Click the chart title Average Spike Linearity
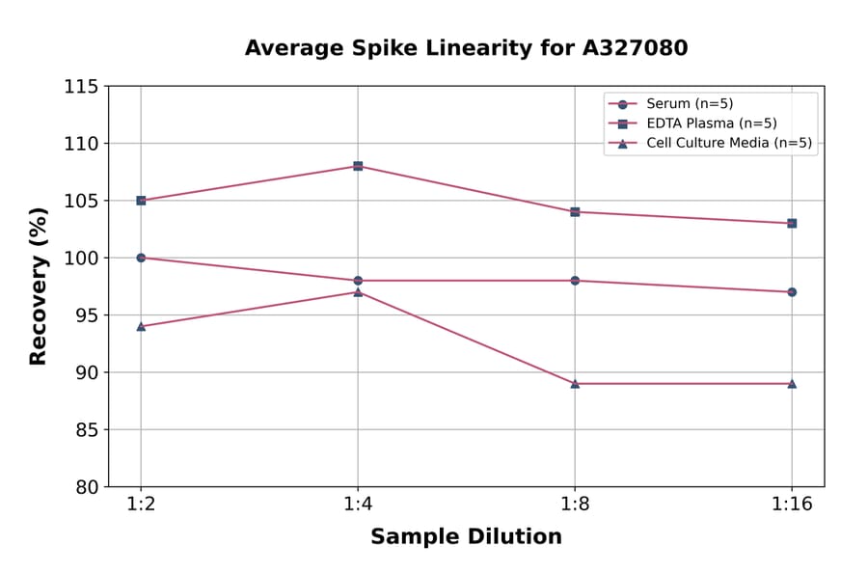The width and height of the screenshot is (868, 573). click(x=466, y=47)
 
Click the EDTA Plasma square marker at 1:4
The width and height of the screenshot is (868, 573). click(x=358, y=166)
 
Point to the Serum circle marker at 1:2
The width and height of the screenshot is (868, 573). click(x=141, y=258)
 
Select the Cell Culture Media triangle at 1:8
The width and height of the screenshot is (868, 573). click(x=575, y=383)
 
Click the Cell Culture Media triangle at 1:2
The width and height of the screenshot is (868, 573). click(x=141, y=326)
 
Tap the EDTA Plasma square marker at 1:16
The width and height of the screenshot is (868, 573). click(x=792, y=223)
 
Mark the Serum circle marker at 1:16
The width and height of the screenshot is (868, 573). click(x=792, y=291)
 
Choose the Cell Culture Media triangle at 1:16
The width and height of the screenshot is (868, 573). click(x=792, y=383)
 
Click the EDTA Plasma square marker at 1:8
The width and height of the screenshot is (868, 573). click(x=575, y=211)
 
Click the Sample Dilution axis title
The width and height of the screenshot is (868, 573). click(x=466, y=537)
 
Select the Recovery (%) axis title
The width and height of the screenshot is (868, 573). click(x=39, y=286)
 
